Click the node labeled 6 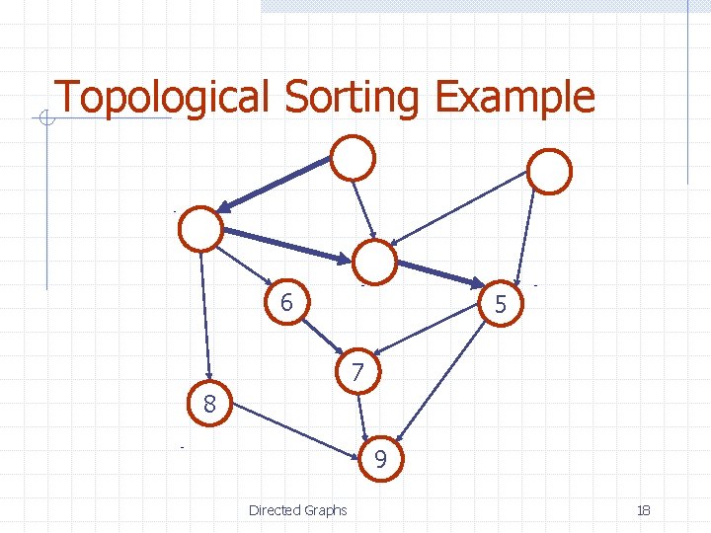286,303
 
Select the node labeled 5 501,304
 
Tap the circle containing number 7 357,372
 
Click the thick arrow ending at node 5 439,273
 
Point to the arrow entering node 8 204,316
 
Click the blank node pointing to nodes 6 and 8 201,230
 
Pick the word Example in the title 514,97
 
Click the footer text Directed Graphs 298,510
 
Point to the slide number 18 644,510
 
